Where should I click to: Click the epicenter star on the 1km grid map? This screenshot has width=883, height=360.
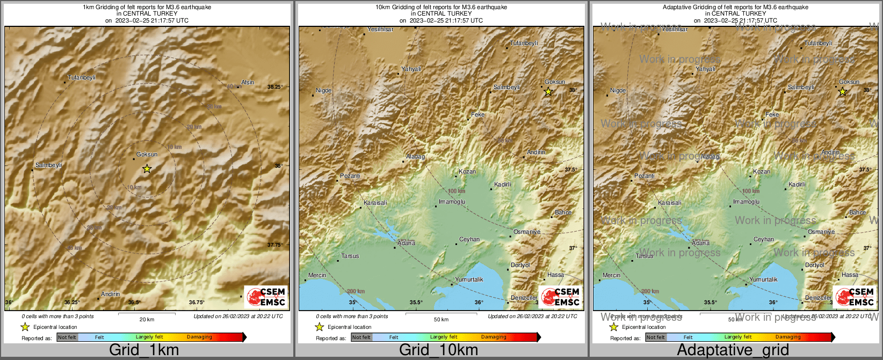(147, 169)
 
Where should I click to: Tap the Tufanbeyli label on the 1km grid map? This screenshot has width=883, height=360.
(82, 77)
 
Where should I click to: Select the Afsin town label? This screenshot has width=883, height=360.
(248, 82)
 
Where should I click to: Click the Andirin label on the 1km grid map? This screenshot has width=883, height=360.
(111, 294)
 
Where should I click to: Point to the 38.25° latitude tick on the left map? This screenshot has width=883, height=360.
(275, 87)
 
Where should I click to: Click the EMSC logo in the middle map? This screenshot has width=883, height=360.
(560, 297)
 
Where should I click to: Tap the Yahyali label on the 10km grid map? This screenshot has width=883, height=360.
(411, 69)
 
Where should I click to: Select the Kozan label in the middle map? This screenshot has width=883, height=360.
(467, 171)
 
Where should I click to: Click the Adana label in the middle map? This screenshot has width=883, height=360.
(406, 243)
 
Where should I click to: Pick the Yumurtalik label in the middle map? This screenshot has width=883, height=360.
(469, 279)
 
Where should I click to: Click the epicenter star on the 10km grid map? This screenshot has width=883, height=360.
(548, 92)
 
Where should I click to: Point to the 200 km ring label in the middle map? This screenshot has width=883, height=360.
(356, 291)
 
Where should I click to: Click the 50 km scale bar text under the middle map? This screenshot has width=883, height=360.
(441, 319)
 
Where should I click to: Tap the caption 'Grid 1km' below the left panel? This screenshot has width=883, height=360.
(143, 350)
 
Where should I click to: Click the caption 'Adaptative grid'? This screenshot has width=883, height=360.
(733, 350)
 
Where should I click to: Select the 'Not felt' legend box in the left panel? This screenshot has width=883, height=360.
(67, 337)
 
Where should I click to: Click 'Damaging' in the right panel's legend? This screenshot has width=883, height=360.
(788, 337)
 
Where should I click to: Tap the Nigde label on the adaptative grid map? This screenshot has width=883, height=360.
(618, 90)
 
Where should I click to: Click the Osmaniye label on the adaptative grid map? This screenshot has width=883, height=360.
(821, 232)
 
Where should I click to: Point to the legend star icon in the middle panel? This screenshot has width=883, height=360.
(319, 327)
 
